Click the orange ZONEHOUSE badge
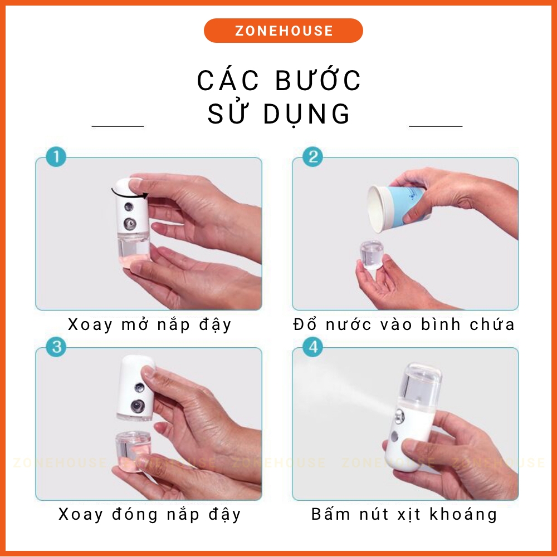[283, 31]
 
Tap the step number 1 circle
[56, 157]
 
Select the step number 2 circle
[312, 157]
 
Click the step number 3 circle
[56, 348]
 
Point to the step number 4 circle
[312, 348]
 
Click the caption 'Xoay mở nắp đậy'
[149, 324]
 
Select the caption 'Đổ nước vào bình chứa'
[404, 324]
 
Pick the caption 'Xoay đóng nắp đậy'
[149, 514]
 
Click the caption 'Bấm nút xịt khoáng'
[404, 514]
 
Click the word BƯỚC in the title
[319, 81]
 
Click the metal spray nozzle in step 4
[399, 415]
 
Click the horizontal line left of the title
[118, 126]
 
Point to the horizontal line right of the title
[436, 126]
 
